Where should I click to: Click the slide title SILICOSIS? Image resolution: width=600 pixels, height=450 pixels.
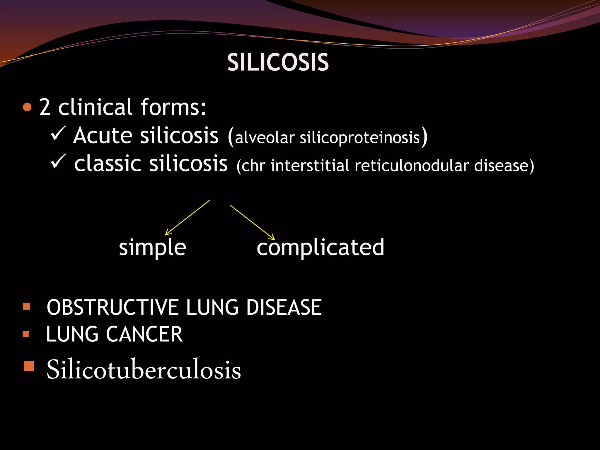point(278,62)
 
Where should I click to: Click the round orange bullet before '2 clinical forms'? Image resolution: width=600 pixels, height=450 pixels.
point(27,107)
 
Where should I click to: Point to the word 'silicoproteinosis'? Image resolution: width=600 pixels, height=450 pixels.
point(360,138)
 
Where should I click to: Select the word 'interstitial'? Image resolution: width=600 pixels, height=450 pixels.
point(310,166)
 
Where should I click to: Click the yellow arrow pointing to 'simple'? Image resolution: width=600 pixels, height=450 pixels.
point(187,217)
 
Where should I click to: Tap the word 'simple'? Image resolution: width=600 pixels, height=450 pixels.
point(152,248)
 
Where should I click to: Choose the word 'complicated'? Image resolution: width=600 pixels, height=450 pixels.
point(320,247)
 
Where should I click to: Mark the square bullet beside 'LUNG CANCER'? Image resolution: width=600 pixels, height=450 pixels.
point(26,334)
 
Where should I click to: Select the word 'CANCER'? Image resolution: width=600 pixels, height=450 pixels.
point(144,334)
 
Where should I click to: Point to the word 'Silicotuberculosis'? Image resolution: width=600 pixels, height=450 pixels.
point(144,370)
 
